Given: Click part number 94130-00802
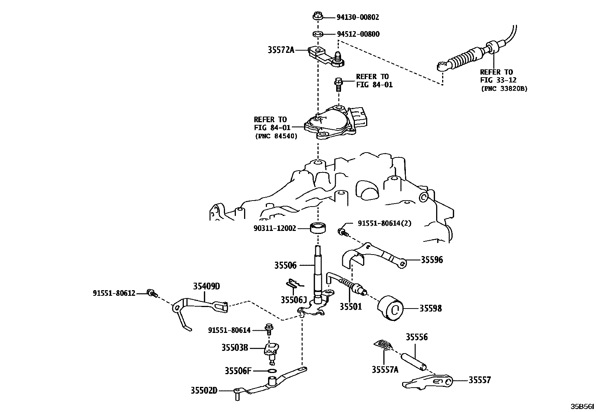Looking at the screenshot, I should [358, 17].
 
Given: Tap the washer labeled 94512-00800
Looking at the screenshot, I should [318, 34].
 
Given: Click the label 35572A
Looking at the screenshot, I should [281, 50].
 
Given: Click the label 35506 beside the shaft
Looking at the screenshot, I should [285, 265].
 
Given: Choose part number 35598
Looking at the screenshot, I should [430, 309].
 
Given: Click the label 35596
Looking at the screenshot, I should [432, 260].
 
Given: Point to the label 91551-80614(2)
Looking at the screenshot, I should [384, 223].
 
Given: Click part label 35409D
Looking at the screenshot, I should [206, 286].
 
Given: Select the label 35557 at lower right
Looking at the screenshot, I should [479, 380].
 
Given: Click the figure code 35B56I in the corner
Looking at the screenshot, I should [582, 406].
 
